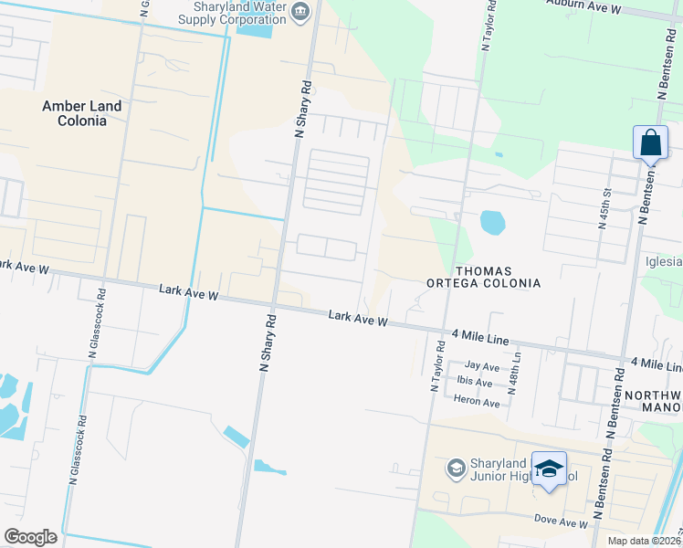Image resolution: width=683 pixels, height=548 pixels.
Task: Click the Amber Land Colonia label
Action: click(x=81, y=113)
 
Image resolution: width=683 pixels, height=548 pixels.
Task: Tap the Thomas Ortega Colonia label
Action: click(x=484, y=277)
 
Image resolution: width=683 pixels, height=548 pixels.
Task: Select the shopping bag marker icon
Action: click(x=650, y=144)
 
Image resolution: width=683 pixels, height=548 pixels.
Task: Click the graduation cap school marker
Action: click(x=549, y=470)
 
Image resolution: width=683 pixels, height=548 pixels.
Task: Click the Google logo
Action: click(x=30, y=536)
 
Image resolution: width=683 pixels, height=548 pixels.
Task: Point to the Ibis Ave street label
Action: click(x=475, y=383)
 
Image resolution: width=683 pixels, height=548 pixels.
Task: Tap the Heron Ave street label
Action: click(x=478, y=402)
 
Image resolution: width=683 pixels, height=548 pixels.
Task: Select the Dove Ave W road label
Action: click(x=561, y=522)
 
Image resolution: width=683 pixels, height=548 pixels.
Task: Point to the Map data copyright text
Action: click(x=643, y=540)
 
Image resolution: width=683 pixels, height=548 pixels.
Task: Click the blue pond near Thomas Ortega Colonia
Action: click(x=491, y=222)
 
